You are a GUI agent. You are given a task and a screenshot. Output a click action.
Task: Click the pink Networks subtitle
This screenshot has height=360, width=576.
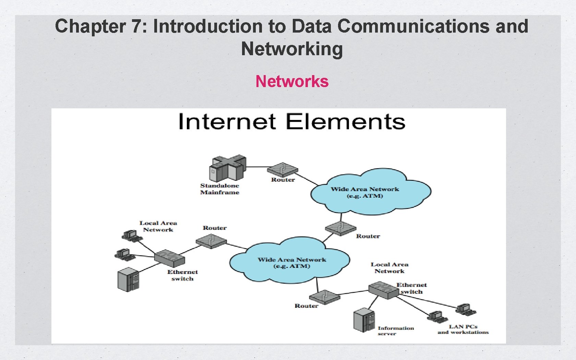pos(292,82)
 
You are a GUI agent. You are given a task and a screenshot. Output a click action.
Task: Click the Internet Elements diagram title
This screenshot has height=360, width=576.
pos(292,122)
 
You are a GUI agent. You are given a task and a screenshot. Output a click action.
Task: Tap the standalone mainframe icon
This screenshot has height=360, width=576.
pos(227,168)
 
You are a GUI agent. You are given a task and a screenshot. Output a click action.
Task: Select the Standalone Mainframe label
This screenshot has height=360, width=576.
pos(220,189)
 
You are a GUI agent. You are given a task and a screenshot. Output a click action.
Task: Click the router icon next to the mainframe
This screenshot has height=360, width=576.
pos(283,169)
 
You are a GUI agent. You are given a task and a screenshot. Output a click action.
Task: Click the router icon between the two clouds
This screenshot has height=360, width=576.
pos(340,228)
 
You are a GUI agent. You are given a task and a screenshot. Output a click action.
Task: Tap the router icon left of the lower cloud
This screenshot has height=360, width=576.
pos(211,241)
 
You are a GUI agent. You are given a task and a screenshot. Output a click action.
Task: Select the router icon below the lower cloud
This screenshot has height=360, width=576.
pos(324,297)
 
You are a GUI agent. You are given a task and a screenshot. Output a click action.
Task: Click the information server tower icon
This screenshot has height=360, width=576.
pos(364,320)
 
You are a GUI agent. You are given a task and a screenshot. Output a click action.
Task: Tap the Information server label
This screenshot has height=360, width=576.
pos(396,331)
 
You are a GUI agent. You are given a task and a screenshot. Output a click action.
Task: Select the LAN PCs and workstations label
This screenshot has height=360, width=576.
pos(463,329)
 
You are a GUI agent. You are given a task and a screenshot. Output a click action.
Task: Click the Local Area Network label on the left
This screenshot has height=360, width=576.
pos(158,226)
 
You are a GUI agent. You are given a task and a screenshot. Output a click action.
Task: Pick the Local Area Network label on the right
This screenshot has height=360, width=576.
pos(389,268)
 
